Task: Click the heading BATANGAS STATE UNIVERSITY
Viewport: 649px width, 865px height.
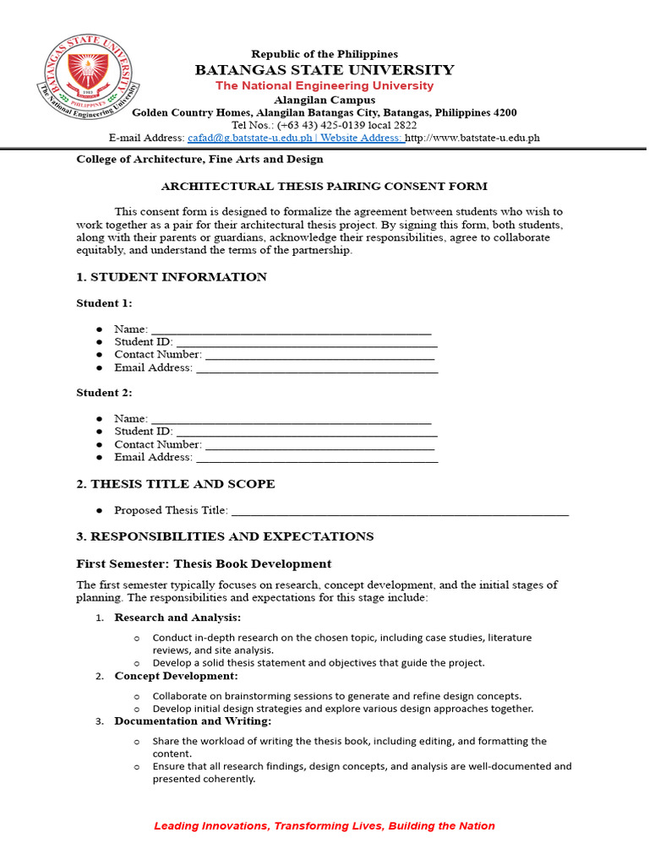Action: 324,70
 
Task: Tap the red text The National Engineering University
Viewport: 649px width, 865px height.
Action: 324,86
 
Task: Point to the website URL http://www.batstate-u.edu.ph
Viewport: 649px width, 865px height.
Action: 472,138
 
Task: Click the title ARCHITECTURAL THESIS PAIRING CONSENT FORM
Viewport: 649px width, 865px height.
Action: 324,187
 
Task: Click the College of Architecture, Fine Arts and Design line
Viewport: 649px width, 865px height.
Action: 199,159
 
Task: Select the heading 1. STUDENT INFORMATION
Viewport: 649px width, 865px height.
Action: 172,277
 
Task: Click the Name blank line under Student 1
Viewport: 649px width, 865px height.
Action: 291,330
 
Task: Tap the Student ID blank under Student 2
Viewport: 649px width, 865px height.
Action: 306,432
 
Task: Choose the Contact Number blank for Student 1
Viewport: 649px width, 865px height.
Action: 319,356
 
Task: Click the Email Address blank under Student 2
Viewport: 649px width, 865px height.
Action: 316,458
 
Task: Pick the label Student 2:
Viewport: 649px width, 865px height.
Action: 104,393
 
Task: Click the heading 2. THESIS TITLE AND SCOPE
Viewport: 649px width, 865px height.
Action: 176,485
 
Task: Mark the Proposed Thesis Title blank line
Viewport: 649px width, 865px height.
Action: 400,511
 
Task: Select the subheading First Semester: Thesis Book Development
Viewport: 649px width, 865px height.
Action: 204,564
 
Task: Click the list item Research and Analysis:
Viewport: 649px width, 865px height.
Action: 177,617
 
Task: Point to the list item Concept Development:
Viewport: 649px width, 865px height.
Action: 176,677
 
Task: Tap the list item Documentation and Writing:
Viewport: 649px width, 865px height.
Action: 193,721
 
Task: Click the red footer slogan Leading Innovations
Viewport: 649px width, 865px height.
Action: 324,826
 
